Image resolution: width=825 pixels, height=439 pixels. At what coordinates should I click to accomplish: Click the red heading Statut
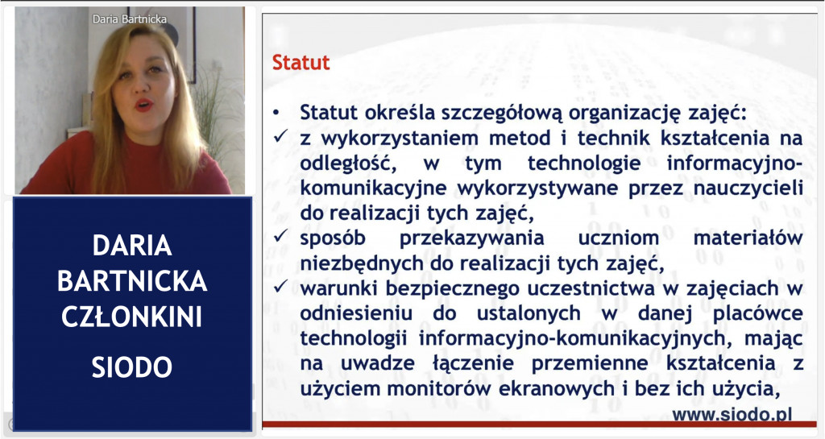click(x=301, y=63)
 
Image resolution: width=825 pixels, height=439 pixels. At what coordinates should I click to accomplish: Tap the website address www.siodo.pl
click(x=732, y=414)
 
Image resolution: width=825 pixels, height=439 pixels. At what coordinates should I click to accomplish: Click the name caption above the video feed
click(x=130, y=19)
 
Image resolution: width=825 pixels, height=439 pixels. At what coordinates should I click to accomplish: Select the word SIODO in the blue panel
click(x=132, y=367)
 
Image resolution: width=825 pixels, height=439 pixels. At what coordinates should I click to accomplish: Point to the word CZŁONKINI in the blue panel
click(x=132, y=317)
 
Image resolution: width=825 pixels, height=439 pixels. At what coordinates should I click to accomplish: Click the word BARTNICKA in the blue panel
click(x=132, y=281)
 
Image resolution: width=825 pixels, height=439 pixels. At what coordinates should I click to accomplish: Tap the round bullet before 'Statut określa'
click(x=277, y=113)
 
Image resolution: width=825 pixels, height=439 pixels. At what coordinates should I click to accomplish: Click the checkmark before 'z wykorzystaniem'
click(x=280, y=137)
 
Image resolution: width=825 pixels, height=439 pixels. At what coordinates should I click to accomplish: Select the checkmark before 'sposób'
click(x=280, y=237)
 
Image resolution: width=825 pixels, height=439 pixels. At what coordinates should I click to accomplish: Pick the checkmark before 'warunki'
click(x=280, y=287)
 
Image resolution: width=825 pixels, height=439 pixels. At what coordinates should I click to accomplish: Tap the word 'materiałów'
click(x=748, y=238)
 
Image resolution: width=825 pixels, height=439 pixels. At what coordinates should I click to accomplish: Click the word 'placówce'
click(x=757, y=313)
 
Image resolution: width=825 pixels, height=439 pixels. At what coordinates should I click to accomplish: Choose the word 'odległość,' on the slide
click(x=348, y=164)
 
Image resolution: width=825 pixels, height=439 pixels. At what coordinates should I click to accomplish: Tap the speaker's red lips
click(x=143, y=104)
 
